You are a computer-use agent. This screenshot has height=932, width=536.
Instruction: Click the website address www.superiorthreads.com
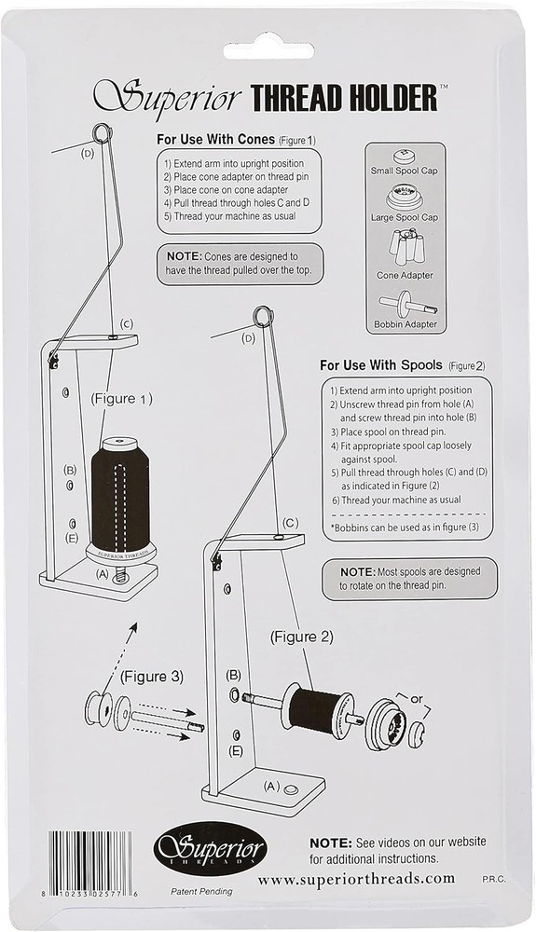point(356,878)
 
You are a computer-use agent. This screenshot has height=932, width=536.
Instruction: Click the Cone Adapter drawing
point(404,246)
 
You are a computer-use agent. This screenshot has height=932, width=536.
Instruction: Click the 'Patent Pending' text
point(203,891)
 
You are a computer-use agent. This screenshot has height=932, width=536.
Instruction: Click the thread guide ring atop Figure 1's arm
point(102,133)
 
